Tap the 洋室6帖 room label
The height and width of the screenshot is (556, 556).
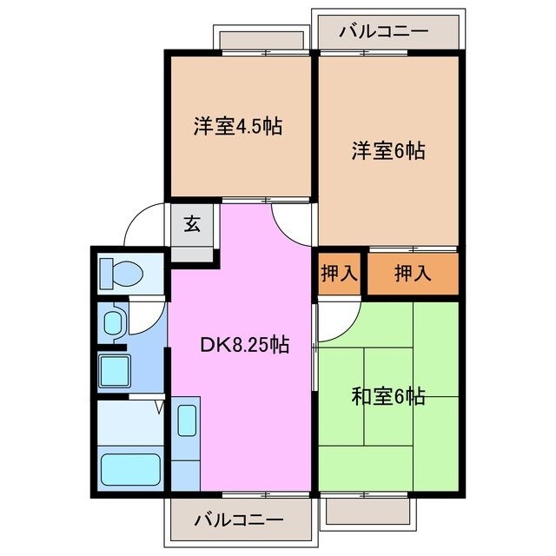[387, 149]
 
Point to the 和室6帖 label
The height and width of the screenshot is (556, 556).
[387, 398]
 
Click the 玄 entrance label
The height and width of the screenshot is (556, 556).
[192, 224]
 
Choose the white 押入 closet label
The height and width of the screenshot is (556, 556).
[339, 274]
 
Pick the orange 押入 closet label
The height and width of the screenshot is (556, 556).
[412, 274]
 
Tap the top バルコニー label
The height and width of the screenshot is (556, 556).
[384, 31]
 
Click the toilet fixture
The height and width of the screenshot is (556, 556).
[121, 274]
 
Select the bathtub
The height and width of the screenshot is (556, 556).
[129, 469]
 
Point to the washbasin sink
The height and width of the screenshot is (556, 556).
[114, 324]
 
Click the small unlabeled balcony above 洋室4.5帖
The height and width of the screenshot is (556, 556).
[262, 39]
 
